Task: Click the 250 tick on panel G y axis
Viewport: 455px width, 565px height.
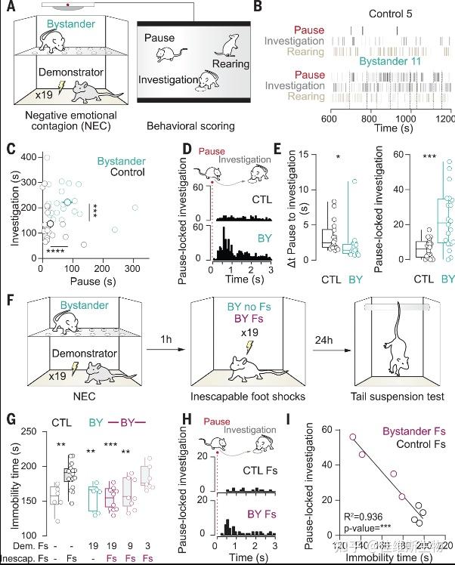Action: point(30,431)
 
